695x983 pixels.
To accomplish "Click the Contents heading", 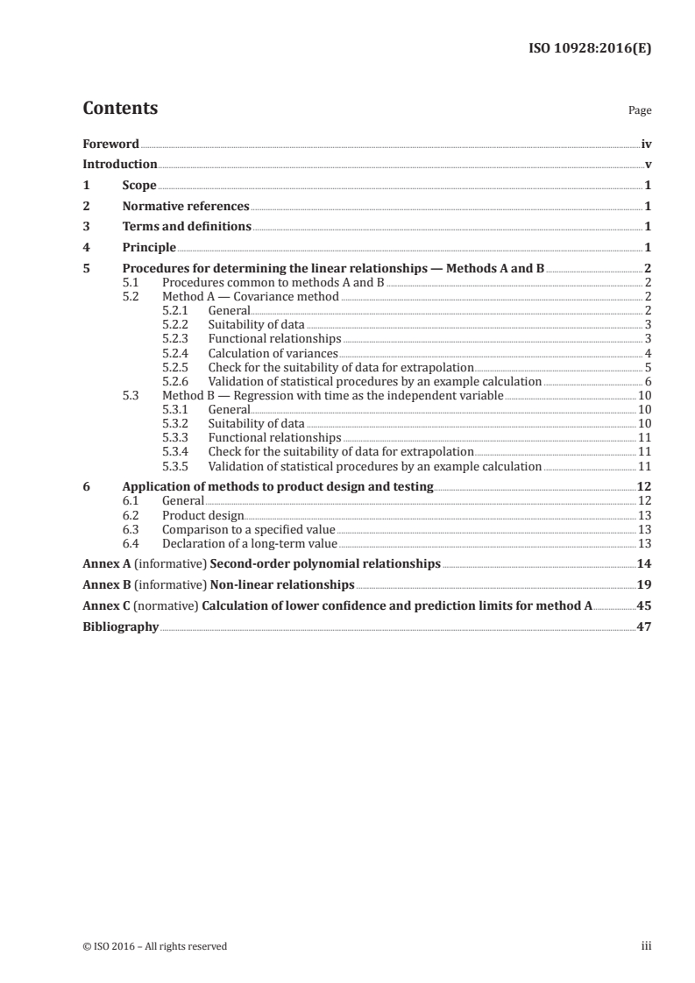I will tap(120, 109).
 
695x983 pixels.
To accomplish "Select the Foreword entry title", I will tap(110, 144).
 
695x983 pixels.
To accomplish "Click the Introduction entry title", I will tap(119, 165).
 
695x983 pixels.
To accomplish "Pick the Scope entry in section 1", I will tap(139, 186).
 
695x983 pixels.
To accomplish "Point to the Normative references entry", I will tap(186, 207).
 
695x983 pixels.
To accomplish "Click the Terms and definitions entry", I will tap(187, 227).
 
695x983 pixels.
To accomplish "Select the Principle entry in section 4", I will tap(149, 248).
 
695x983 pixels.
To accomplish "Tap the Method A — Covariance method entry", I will tap(250, 297).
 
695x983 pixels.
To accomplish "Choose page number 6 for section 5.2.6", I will tap(647, 381).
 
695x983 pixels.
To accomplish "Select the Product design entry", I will tap(203, 515).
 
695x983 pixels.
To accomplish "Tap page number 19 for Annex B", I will tap(644, 584).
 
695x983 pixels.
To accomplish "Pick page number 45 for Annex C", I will tap(644, 605).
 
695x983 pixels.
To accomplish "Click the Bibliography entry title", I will tap(120, 626).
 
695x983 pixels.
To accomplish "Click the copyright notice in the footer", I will tap(154, 946).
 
